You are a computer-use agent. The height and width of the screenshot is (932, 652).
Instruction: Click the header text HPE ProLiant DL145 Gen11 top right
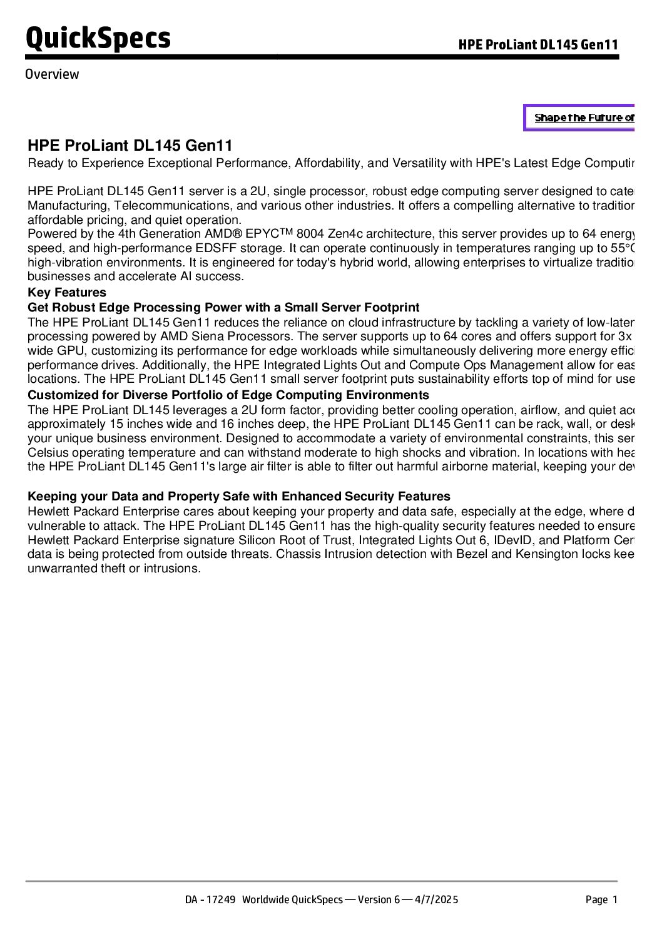(538, 44)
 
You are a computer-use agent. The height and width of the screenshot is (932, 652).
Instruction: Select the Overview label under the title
(52, 74)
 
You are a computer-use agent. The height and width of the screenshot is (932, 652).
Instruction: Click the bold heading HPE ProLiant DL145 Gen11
(130, 146)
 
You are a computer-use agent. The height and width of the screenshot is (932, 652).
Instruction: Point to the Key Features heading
(67, 293)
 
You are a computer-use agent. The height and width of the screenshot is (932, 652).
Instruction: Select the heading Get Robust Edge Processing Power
(223, 307)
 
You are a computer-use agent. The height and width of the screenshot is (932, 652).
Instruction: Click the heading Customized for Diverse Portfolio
(228, 395)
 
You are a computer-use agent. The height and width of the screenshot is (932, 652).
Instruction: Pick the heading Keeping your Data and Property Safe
(238, 496)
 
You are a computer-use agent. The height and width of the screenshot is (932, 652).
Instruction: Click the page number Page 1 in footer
(601, 899)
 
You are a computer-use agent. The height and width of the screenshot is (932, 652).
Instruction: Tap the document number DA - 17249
(210, 899)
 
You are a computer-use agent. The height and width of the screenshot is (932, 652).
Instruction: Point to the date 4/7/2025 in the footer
(437, 899)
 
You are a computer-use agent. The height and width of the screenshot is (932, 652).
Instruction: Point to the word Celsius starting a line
(48, 452)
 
